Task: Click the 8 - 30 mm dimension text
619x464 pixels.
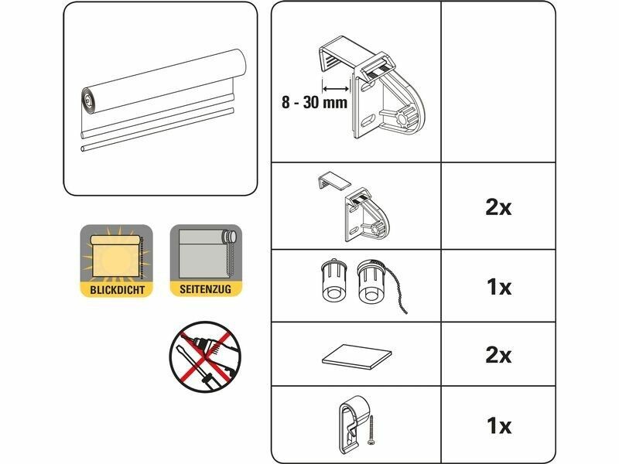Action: pyautogui.click(x=315, y=102)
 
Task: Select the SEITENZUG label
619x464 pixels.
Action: pyautogui.click(x=205, y=289)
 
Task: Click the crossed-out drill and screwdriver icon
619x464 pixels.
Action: pyautogui.click(x=206, y=357)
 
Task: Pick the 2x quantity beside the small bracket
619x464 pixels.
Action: pyautogui.click(x=498, y=207)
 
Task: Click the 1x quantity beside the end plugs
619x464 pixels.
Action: pyautogui.click(x=499, y=287)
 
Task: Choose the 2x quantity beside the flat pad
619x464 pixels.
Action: pyautogui.click(x=498, y=355)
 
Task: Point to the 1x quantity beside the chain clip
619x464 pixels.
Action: pyautogui.click(x=499, y=425)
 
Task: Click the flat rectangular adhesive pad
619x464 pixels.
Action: pyautogui.click(x=357, y=357)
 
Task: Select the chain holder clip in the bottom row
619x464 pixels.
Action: pyautogui.click(x=353, y=424)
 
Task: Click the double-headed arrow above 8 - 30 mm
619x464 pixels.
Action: pyautogui.click(x=336, y=89)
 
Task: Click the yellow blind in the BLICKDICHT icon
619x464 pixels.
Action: pyautogui.click(x=116, y=257)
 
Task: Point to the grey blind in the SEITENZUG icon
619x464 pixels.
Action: pyautogui.click(x=202, y=254)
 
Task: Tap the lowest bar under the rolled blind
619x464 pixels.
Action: pyautogui.click(x=157, y=130)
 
